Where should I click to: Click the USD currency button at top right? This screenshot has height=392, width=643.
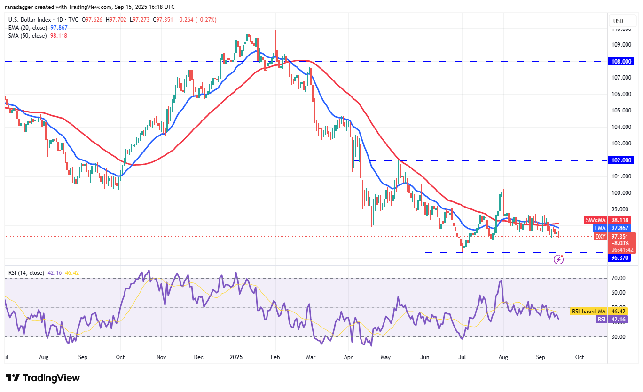618,21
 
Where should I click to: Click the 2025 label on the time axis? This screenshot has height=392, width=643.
235,357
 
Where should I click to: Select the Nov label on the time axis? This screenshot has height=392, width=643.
161,357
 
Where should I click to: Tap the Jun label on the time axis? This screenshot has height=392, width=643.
424,357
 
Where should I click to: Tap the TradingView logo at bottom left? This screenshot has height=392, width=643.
43,378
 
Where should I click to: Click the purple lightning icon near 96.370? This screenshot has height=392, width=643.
558,259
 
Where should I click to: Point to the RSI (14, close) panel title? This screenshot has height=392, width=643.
26,272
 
